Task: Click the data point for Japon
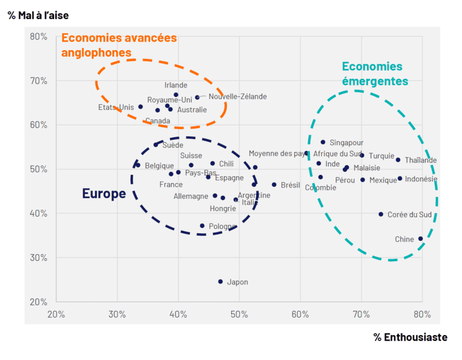[220, 282]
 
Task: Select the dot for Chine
[420, 239]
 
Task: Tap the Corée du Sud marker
[381, 214]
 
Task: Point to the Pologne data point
[202, 226]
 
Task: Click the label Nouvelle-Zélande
[238, 96]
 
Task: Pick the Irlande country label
[176, 85]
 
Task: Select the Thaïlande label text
[420, 160]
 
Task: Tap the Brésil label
[290, 185]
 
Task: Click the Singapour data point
[323, 142]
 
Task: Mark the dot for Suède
[156, 145]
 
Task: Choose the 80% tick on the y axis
[38, 37]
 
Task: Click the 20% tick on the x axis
[56, 313]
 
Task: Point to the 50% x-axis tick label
[239, 313]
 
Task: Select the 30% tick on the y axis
[38, 258]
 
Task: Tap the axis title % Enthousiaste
[410, 337]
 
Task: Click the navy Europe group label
[104, 194]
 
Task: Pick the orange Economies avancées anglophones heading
[118, 45]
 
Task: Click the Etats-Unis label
[116, 107]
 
